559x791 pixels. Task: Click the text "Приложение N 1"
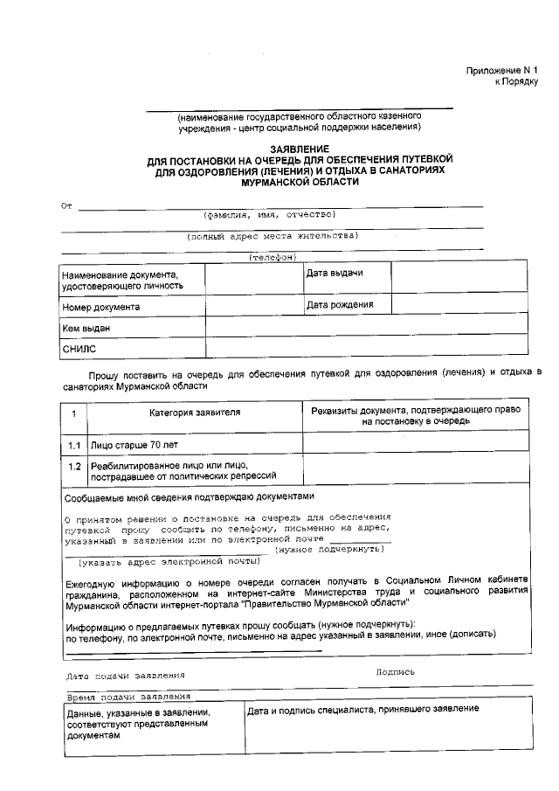point(502,69)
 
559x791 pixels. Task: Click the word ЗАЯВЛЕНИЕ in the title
point(300,149)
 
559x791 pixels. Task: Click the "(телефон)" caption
point(273,258)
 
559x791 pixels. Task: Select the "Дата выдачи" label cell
point(335,274)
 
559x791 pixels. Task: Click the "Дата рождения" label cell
point(340,305)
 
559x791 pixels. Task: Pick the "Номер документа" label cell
point(100,308)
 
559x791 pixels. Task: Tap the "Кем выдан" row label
point(86,329)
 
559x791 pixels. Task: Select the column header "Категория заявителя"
point(195,412)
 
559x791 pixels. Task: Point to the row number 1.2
point(75,466)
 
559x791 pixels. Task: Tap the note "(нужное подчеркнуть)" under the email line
point(329,549)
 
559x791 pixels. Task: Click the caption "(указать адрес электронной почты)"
point(169,564)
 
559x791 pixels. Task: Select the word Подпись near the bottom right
point(395,672)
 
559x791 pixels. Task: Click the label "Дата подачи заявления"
point(126,677)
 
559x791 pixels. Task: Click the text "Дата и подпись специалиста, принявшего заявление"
point(362,709)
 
